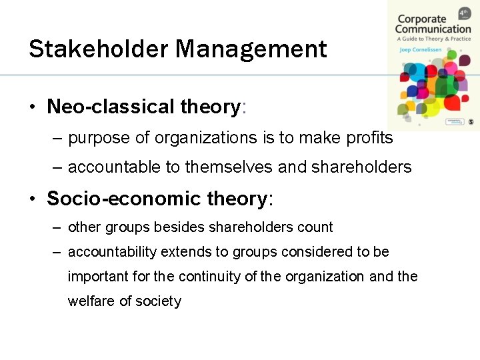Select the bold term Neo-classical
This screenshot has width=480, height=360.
click(x=111, y=107)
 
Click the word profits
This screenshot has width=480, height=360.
click(x=366, y=138)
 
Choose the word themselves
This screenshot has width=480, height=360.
click(x=229, y=167)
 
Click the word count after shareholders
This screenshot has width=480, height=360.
click(x=315, y=227)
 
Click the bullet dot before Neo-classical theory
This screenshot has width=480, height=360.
click(x=32, y=107)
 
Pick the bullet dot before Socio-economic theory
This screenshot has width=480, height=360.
click(x=32, y=199)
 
